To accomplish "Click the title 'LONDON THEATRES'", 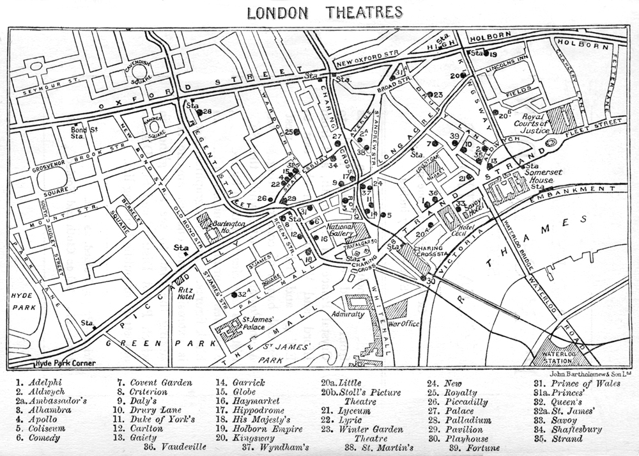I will click(325, 12).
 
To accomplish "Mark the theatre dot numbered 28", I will click(199, 112).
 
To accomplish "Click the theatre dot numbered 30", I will click(424, 278).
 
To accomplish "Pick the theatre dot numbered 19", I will click(486, 54).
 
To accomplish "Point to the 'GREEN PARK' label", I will click(161, 343).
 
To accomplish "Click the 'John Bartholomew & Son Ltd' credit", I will click(590, 372).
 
